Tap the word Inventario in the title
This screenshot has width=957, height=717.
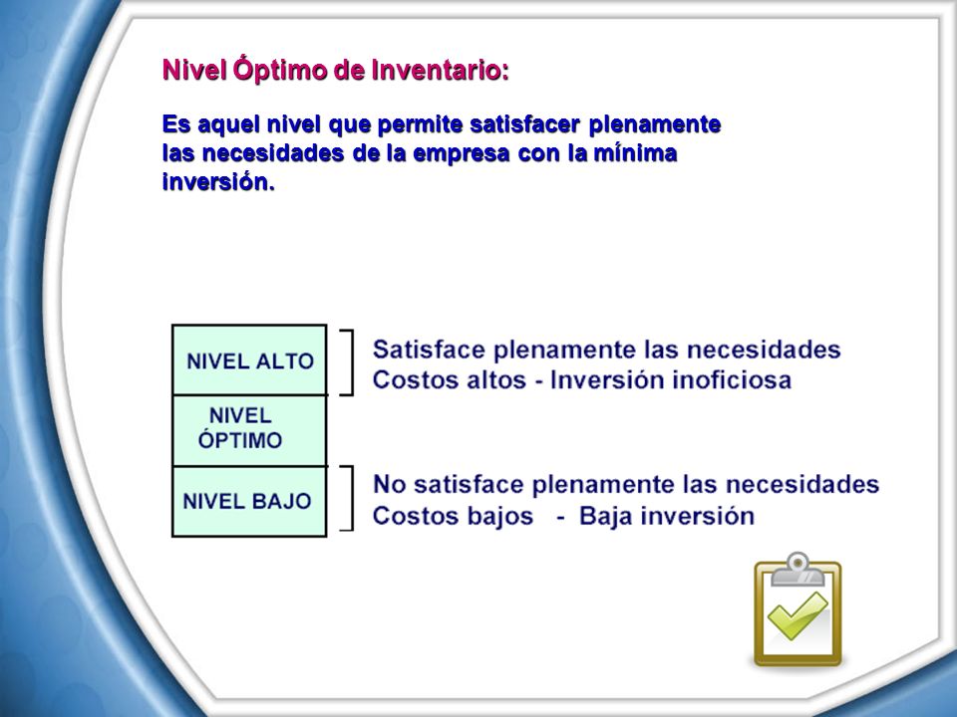point(440,70)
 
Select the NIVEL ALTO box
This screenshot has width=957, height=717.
point(249,359)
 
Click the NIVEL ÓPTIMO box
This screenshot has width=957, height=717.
point(249,430)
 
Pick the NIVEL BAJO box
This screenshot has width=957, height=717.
point(249,501)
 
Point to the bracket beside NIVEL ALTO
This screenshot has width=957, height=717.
point(352,362)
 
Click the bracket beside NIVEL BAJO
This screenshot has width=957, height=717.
point(352,498)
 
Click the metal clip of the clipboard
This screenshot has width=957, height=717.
point(797,570)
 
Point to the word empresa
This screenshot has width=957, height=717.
point(461,153)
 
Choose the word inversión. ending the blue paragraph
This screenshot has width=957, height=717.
point(218,181)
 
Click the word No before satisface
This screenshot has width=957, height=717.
point(388,484)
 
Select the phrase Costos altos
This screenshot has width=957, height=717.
point(450,379)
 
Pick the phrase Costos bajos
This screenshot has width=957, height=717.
point(453,516)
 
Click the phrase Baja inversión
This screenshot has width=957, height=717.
point(667,516)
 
